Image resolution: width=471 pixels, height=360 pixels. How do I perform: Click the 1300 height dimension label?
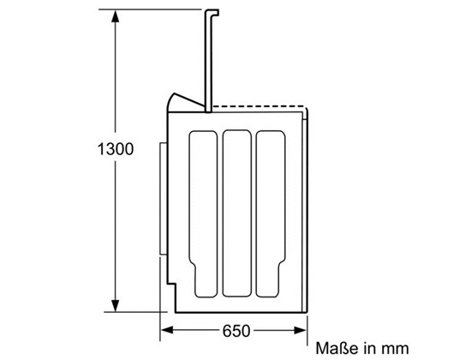[116, 149]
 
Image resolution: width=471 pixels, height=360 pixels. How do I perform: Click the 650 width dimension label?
[236, 331]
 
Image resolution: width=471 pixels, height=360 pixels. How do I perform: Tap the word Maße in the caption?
[337, 348]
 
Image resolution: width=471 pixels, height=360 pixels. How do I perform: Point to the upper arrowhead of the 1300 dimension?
[115, 17]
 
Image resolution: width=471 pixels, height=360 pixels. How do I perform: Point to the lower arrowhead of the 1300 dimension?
[115, 305]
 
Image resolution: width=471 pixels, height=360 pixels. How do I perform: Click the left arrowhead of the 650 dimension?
[167, 330]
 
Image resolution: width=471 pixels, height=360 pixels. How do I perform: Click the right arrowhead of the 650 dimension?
[301, 330]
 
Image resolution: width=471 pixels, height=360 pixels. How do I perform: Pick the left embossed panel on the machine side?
[203, 213]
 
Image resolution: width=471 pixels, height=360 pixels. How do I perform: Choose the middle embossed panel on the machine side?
[237, 213]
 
